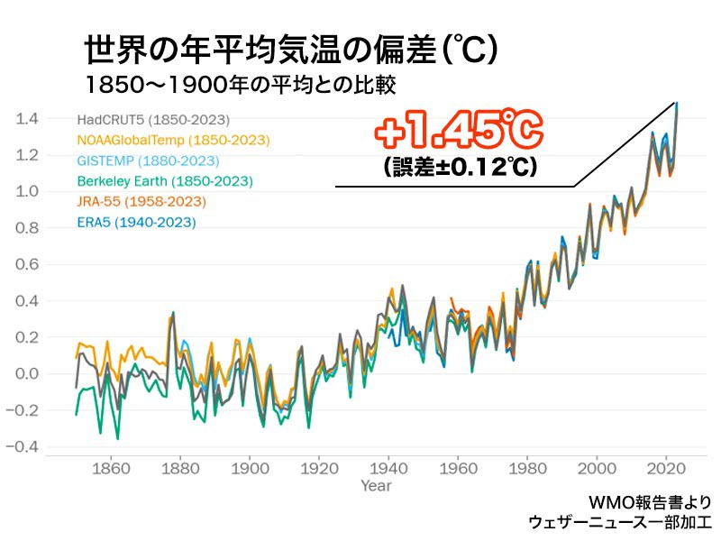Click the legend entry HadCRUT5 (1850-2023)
pos(153,120)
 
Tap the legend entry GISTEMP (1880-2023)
pos(148,160)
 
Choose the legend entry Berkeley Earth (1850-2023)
pos(165,181)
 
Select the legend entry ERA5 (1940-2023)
pos(135,222)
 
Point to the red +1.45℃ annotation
pos(460,134)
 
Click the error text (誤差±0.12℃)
pos(460,168)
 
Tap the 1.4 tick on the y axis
pos(26,119)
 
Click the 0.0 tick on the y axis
pos(26,373)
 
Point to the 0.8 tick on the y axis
pos(26,228)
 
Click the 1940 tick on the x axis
pos(388,469)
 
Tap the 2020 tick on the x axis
pos(666,469)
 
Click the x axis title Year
pos(376,487)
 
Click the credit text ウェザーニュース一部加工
pos(620,522)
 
